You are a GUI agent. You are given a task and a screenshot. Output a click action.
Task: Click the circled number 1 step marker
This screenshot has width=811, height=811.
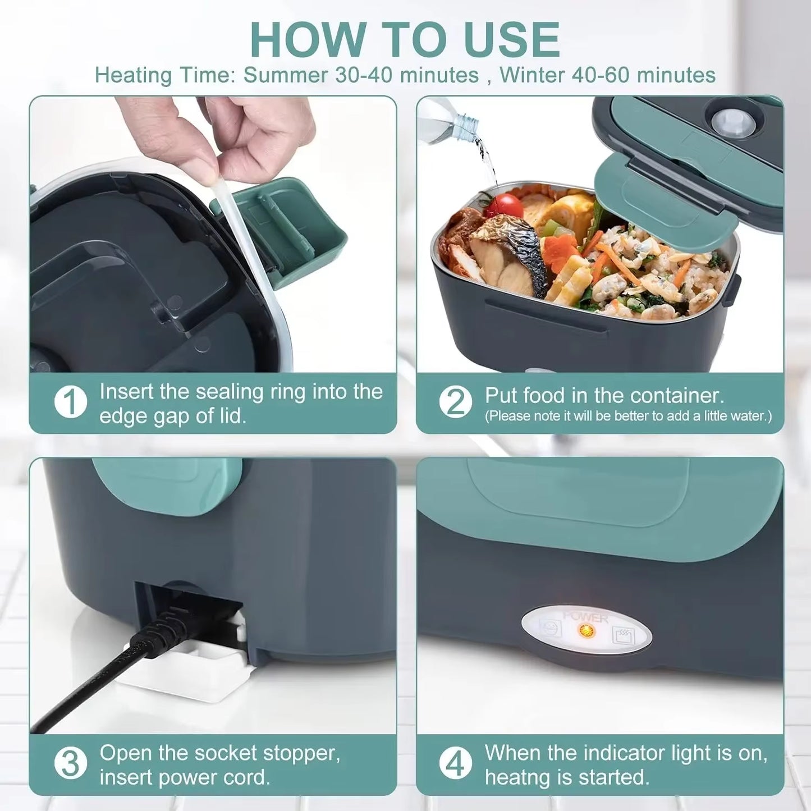click(x=70, y=402)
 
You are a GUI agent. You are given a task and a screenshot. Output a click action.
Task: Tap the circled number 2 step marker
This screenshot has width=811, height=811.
click(x=455, y=402)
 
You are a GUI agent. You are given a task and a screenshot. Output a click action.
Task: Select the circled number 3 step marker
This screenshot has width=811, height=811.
click(x=70, y=764)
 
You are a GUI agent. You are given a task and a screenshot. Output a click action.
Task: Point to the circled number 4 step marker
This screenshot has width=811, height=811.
click(x=455, y=764)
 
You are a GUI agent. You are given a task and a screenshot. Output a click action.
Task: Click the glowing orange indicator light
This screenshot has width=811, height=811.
click(x=587, y=630)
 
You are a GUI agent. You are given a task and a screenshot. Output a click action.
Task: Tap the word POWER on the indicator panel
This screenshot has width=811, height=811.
click(x=586, y=617)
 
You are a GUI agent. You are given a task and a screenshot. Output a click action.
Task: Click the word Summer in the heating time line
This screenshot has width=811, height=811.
click(x=285, y=75)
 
